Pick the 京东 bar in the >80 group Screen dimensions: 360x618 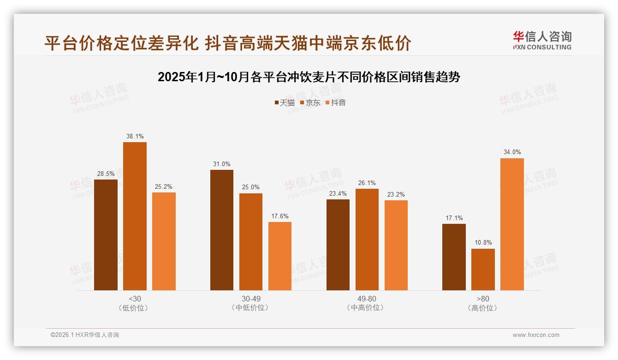pos(483,270)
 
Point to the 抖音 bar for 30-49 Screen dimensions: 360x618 pos(280,256)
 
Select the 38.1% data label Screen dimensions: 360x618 pos(135,137)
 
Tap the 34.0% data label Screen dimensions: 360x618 pos(512,152)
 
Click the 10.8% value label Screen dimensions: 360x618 pos(483,243)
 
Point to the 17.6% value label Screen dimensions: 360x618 pos(280,216)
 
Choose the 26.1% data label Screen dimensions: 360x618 pos(367,183)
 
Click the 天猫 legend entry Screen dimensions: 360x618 pos(285,103)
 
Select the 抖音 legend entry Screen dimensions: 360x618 pos(336,103)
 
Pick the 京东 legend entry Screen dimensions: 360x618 pos(310,103)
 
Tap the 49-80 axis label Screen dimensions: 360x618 pos(367,299)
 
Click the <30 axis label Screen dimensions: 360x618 pos(135,299)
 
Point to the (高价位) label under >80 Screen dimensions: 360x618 pos(483,308)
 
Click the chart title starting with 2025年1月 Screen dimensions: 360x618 pos(309,77)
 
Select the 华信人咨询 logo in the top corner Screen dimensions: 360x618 pos(542,40)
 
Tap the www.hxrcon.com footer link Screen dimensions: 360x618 pos(536,335)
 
